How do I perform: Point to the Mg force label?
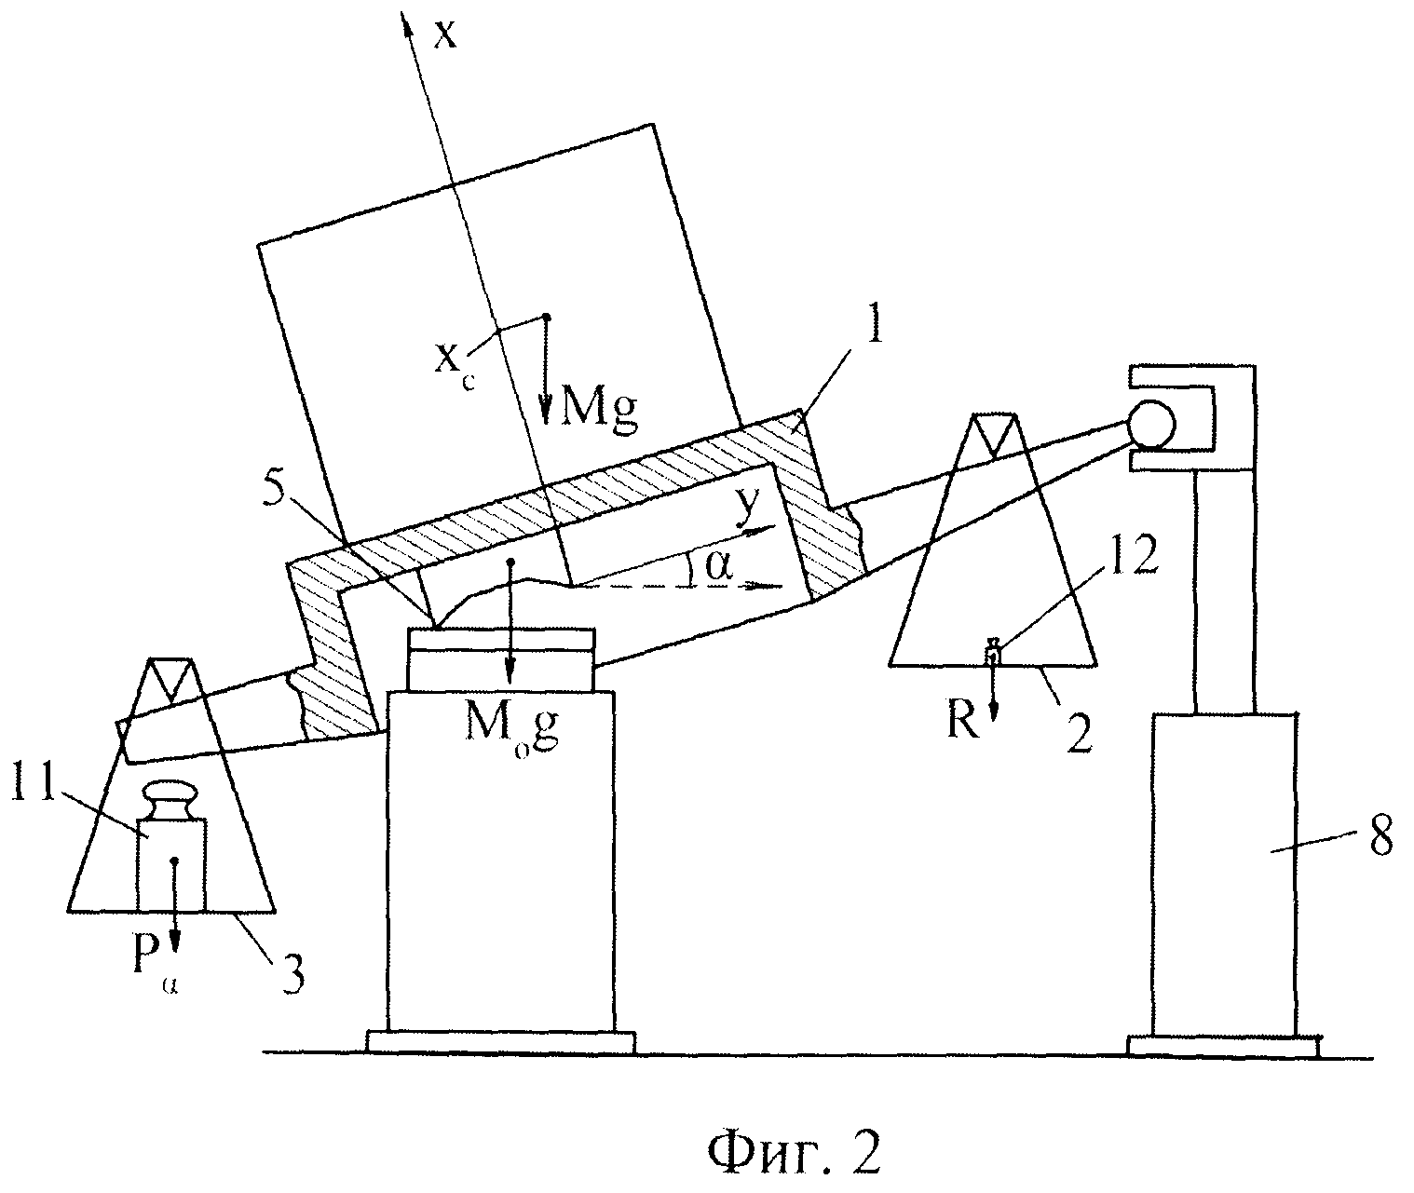pos(599,411)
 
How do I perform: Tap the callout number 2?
pos(1080,732)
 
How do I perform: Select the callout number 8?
pos(1378,834)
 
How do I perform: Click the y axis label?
pos(749,505)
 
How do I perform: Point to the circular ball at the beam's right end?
pos(1151,424)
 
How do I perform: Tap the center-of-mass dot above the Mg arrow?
pos(547,317)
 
